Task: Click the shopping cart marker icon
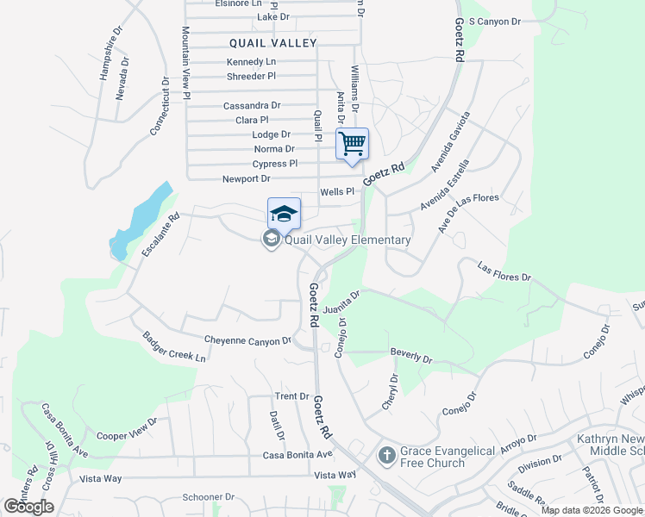(352, 143)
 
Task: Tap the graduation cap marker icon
(284, 213)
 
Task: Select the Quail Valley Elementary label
(348, 240)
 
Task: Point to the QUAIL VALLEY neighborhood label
(273, 42)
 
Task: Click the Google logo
(28, 507)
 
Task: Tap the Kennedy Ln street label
(251, 62)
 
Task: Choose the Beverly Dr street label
(410, 353)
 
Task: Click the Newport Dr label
(247, 179)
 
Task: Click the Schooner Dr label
(209, 497)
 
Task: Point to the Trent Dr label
(291, 396)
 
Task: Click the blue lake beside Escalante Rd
(141, 215)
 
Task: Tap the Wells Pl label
(337, 192)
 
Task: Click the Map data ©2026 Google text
(592, 510)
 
